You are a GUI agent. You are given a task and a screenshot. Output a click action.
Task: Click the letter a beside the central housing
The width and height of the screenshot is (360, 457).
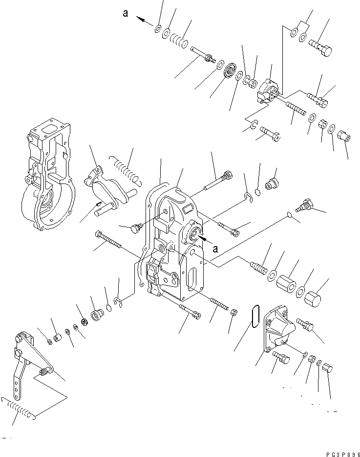point(215,249)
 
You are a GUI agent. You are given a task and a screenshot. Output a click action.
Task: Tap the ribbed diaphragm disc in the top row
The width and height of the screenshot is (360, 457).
point(229,74)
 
